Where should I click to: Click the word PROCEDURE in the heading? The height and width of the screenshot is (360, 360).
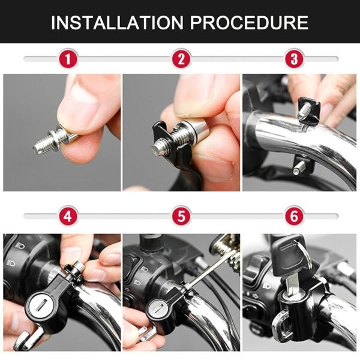tap(250, 22)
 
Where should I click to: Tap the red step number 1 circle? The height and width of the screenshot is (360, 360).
tap(68, 59)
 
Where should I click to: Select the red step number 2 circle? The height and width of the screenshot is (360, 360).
tap(181, 59)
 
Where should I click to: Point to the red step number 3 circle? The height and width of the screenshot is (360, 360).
tap(294, 59)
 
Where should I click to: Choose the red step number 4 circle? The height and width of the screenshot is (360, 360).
tap(68, 215)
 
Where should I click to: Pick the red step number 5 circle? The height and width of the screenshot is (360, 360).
tap(181, 215)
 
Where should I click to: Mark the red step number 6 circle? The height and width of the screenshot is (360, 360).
tap(294, 215)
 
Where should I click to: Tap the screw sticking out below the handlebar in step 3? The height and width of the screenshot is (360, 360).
tap(298, 166)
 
